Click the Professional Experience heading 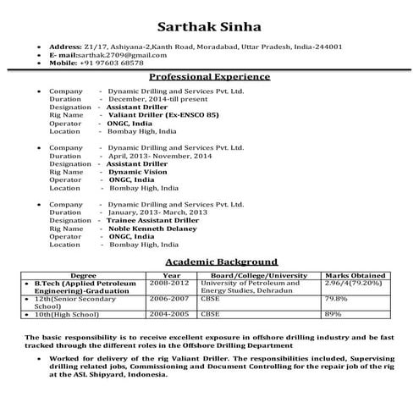209,76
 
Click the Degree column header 83,275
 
